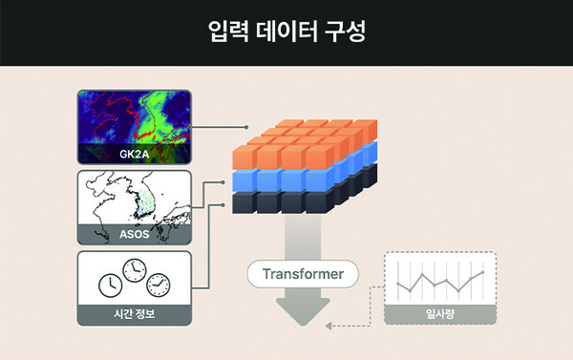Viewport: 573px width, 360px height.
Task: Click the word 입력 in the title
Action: point(226,32)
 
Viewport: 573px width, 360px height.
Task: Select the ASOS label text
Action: point(134,234)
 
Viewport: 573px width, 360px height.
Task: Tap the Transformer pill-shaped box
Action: point(302,275)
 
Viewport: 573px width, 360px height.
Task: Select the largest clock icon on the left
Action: point(112,284)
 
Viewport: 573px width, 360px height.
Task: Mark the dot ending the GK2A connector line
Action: point(246,127)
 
